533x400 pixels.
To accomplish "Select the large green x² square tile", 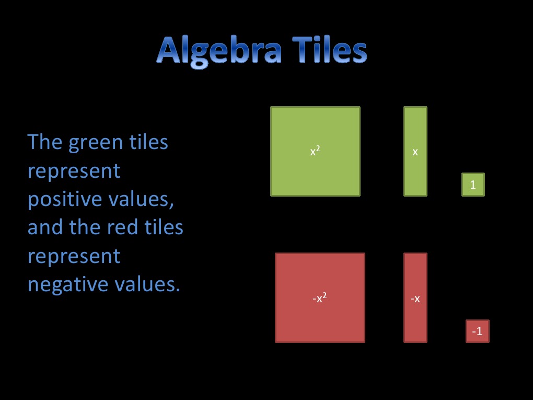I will [315, 151].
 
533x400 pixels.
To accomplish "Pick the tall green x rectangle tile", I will [415, 151].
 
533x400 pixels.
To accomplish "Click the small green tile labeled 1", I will [473, 185].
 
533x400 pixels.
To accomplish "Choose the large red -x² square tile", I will [320, 298].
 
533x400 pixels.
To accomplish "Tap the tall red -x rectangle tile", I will [415, 298].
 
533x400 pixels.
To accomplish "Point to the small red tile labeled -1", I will [477, 331].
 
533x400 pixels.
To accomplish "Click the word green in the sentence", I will [98, 143].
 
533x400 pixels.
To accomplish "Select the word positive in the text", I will [60, 200].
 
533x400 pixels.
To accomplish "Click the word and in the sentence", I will [43, 228].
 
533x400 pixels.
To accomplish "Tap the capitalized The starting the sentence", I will [45, 142].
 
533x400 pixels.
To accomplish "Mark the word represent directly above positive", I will [74, 172].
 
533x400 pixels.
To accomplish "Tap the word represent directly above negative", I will [74, 257].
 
